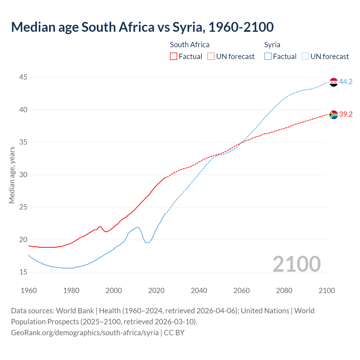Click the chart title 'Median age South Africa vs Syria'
pyautogui.click(x=142, y=27)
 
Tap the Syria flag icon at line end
pyautogui.click(x=334, y=82)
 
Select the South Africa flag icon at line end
pyautogui.click(x=334, y=115)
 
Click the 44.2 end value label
pyautogui.click(x=346, y=82)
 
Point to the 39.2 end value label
pyautogui.click(x=346, y=114)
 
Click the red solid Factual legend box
pyautogui.click(x=174, y=57)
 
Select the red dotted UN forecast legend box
pyautogui.click(x=211, y=57)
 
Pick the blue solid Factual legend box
pyautogui.click(x=268, y=57)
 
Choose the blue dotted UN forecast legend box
pyautogui.click(x=305, y=57)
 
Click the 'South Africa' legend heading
pyautogui.click(x=190, y=45)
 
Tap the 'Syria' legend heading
pyautogui.click(x=272, y=45)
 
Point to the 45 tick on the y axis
pyautogui.click(x=23, y=77)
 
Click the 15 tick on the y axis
pyautogui.click(x=23, y=272)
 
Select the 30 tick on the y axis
pyautogui.click(x=23, y=175)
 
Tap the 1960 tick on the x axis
pyautogui.click(x=29, y=291)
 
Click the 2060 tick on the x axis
pyautogui.click(x=242, y=291)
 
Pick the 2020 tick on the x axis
pyautogui.click(x=156, y=291)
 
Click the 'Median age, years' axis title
pyautogui.click(x=12, y=175)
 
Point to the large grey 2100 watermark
pyautogui.click(x=296, y=264)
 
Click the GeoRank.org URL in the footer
pyautogui.click(x=85, y=333)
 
